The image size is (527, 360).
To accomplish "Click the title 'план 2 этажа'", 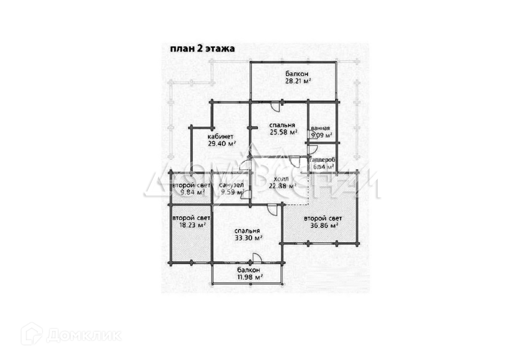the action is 202,49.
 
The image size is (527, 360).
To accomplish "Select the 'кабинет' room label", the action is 221,136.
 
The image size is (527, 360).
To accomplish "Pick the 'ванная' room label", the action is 320,128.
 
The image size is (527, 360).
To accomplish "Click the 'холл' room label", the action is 282,179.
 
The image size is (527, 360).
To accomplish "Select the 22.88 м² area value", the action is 282,186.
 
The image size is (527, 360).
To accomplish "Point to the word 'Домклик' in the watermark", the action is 84,335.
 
